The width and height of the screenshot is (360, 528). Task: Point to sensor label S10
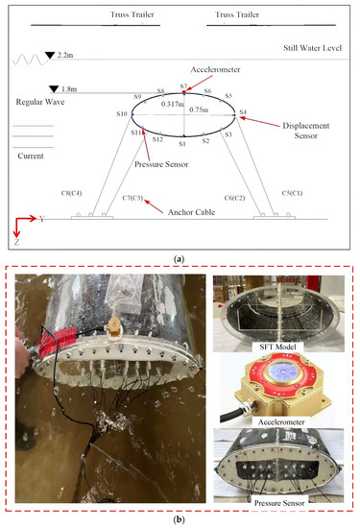point(122,114)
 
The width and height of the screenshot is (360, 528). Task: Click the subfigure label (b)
point(180,519)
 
